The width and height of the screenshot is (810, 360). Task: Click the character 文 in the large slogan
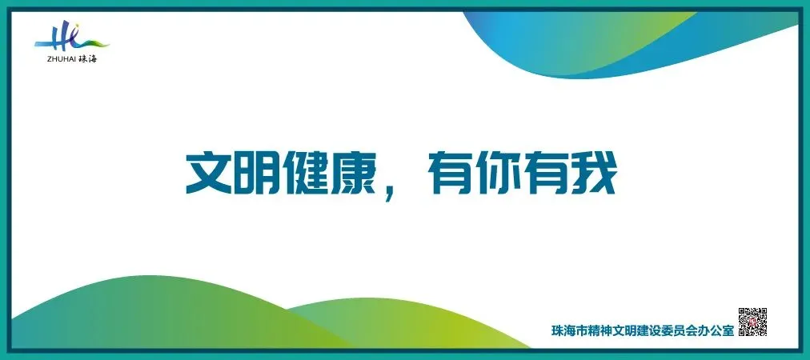[x=210, y=172]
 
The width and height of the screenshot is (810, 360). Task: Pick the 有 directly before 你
[x=449, y=172]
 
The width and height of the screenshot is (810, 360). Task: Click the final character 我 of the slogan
[x=593, y=172]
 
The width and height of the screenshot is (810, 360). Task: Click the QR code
[x=752, y=322]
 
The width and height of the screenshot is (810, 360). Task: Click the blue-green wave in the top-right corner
[x=640, y=40]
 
